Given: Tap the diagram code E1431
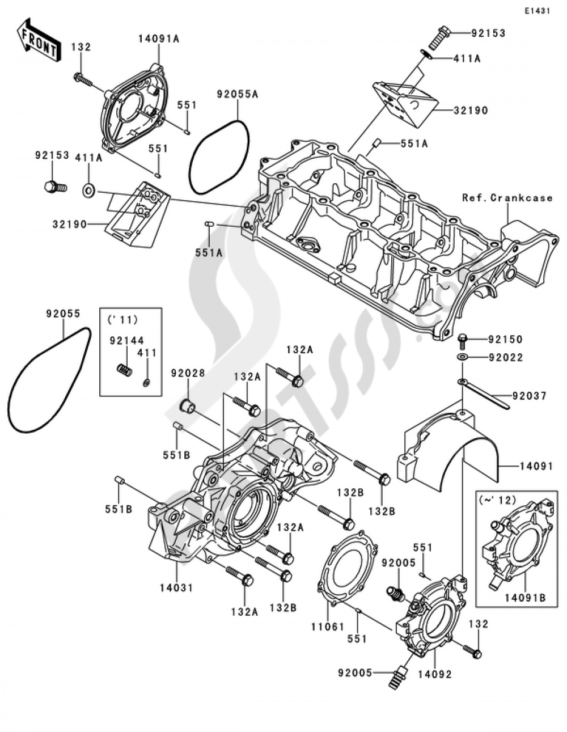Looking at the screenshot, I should pyautogui.click(x=536, y=11).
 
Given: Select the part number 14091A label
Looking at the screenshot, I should pyautogui.click(x=159, y=39).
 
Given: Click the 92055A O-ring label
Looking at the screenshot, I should pyautogui.click(x=237, y=94).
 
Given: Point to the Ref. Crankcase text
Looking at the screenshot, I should pyautogui.click(x=507, y=198).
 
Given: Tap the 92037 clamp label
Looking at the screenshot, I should pyautogui.click(x=530, y=396).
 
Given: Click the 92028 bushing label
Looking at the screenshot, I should pyautogui.click(x=188, y=373).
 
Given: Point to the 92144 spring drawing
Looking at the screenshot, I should pyautogui.click(x=125, y=370).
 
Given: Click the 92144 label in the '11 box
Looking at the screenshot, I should pyautogui.click(x=126, y=341).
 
